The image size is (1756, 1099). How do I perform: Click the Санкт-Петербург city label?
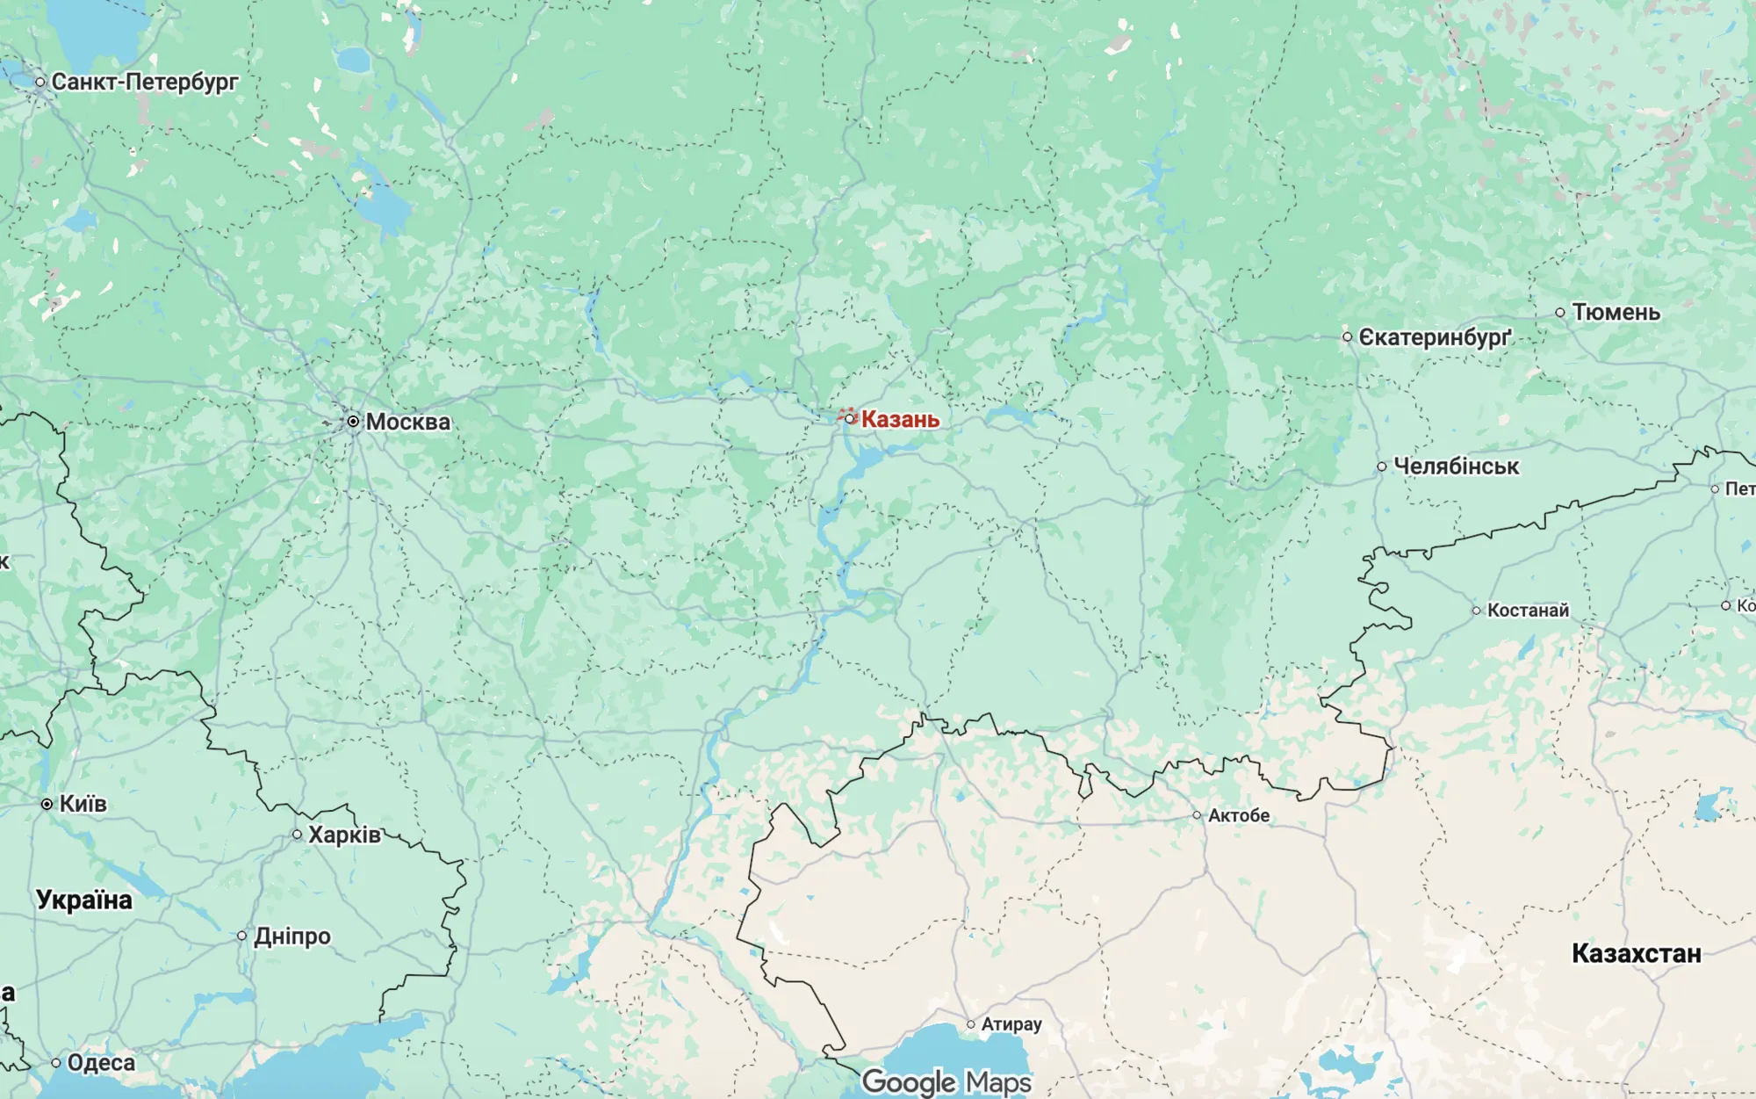coord(144,82)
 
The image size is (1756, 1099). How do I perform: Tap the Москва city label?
coord(407,422)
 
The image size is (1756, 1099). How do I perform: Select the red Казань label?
coord(899,419)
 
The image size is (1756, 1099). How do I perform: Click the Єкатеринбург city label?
coord(1435,337)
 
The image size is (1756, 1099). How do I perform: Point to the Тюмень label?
coord(1616,312)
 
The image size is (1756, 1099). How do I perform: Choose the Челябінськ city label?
coord(1456,466)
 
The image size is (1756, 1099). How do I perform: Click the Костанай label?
coord(1528,610)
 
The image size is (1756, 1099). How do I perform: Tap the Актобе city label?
coord(1238,815)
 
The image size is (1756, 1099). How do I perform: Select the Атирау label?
coord(1011,1024)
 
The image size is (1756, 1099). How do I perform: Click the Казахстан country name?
coord(1636,953)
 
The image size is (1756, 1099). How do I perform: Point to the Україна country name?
coord(84,900)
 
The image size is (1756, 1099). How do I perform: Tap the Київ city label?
coord(83,804)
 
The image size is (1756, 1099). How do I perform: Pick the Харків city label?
coord(344,835)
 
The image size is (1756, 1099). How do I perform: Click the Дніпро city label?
coord(292,936)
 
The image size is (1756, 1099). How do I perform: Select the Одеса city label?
coord(101,1063)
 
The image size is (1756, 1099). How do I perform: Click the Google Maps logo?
coord(946,1082)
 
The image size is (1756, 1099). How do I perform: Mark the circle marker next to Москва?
coord(353,422)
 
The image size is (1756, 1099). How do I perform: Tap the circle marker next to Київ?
coord(47,804)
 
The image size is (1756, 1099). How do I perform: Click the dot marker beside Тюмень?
coord(1560,312)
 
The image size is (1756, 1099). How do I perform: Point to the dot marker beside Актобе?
coord(1197,815)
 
